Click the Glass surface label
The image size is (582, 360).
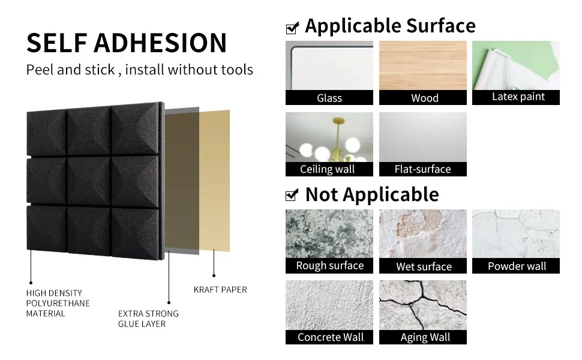(329, 98)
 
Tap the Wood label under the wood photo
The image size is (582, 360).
(425, 98)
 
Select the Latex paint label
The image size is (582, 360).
(518, 97)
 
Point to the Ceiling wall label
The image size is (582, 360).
(327, 169)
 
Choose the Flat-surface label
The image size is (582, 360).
(422, 169)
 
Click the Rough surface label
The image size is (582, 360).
(329, 266)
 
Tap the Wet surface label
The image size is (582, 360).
(424, 266)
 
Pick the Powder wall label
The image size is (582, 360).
(517, 266)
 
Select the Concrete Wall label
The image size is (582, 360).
(331, 337)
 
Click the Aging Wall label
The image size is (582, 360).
(425, 337)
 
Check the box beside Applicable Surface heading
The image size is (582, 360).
(292, 28)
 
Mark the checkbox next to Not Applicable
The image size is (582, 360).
(292, 195)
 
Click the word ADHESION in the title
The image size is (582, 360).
(160, 43)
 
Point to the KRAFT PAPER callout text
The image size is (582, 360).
(220, 289)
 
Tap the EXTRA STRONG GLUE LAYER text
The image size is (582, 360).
(148, 319)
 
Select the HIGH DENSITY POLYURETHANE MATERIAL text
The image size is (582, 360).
(58, 303)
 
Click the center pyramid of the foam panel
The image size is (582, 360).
(89, 181)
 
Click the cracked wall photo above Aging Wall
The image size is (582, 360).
(423, 305)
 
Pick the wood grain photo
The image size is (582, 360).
(423, 65)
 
